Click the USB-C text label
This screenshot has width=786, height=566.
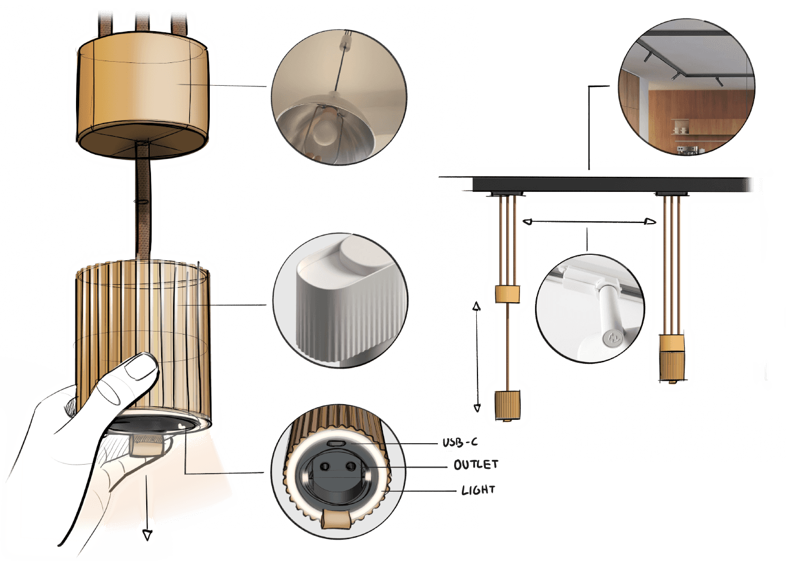point(459,442)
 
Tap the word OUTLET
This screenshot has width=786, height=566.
point(476,465)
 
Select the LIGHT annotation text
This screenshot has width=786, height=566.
point(478,490)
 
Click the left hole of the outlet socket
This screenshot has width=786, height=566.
point(325,466)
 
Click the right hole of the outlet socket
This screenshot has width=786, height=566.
point(350,466)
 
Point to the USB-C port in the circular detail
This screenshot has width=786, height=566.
point(335,444)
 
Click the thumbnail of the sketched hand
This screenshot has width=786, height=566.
point(141,368)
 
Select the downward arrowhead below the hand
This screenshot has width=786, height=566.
point(147,535)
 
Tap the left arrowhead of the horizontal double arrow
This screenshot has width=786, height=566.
point(527,222)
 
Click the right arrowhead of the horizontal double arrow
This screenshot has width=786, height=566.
point(651,222)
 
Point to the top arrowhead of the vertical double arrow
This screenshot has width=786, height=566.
point(476,306)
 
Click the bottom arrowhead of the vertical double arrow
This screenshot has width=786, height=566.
point(477,408)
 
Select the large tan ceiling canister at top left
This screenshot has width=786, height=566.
point(143,95)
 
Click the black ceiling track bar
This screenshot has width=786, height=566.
point(610,185)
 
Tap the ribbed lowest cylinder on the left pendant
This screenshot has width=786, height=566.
point(507,405)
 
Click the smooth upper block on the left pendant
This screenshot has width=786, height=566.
point(507,294)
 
